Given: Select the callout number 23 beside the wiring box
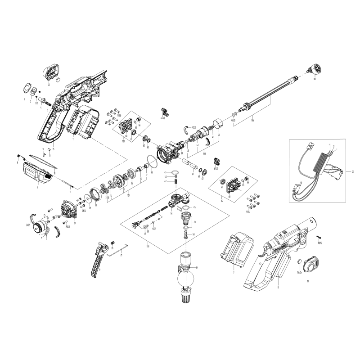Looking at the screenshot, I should (354, 171).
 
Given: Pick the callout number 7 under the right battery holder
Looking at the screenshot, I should (234, 272).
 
